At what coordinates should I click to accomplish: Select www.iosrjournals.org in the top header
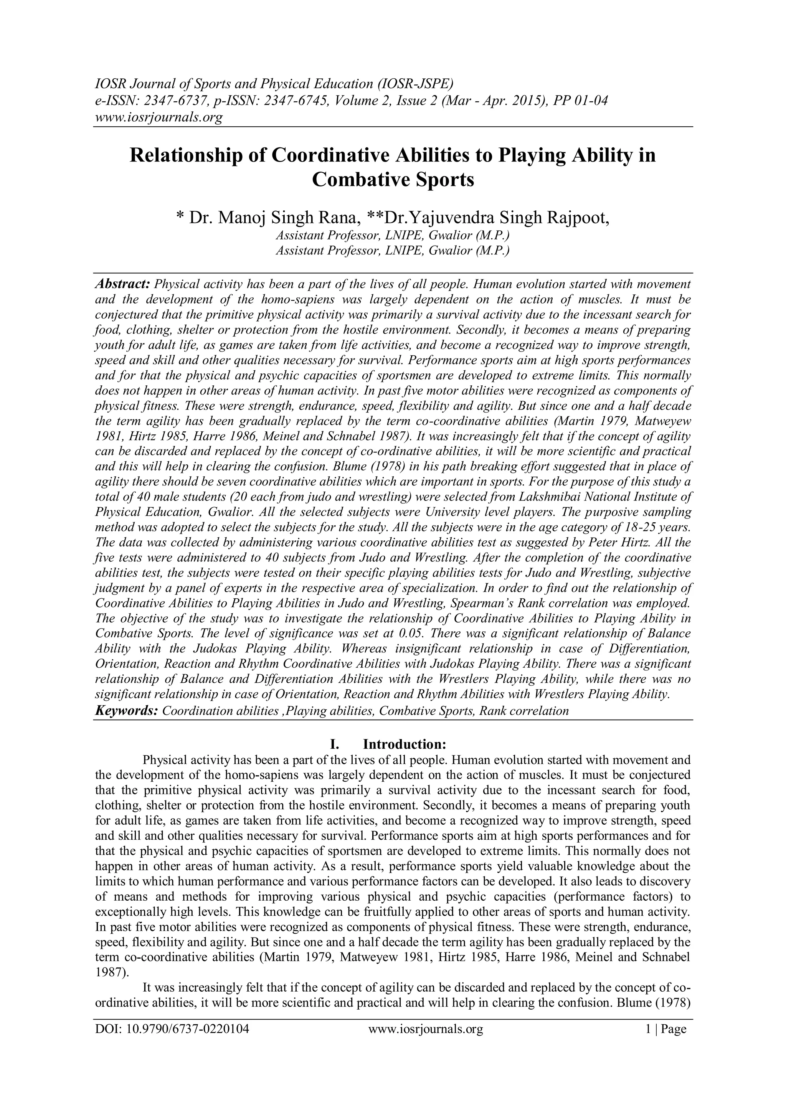158,117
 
